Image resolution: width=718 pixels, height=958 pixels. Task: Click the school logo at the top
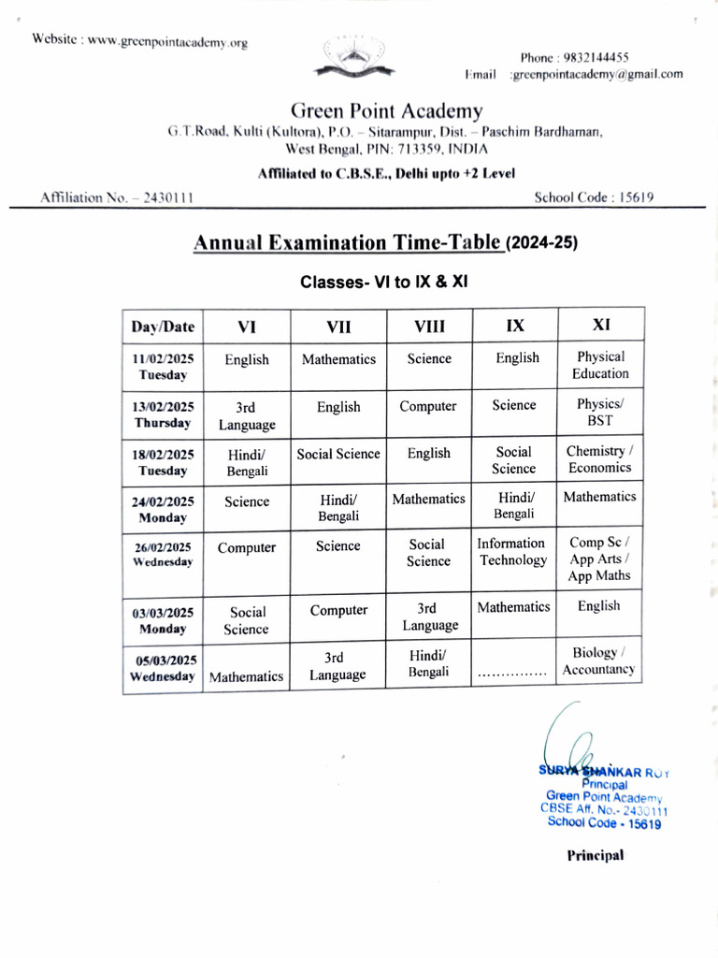pyautogui.click(x=352, y=58)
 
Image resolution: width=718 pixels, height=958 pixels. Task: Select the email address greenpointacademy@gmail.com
pyautogui.click(x=596, y=74)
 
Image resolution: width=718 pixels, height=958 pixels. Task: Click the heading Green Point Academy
pyautogui.click(x=386, y=111)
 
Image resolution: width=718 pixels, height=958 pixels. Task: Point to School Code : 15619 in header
pyautogui.click(x=594, y=196)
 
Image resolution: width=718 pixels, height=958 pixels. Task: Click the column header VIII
pyautogui.click(x=429, y=326)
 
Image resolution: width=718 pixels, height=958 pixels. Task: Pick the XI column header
pyautogui.click(x=601, y=325)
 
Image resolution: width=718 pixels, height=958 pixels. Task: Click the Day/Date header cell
pyautogui.click(x=164, y=327)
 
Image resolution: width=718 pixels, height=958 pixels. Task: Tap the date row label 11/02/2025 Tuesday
pyautogui.click(x=163, y=367)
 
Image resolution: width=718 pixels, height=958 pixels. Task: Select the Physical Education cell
pyautogui.click(x=600, y=365)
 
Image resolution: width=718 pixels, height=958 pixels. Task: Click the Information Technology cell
pyautogui.click(x=512, y=551)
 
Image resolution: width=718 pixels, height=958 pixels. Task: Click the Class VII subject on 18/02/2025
pyautogui.click(x=338, y=454)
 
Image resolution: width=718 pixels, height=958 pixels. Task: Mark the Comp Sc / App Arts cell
pyautogui.click(x=599, y=559)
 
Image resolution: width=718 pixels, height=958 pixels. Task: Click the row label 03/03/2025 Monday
pyautogui.click(x=163, y=621)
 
